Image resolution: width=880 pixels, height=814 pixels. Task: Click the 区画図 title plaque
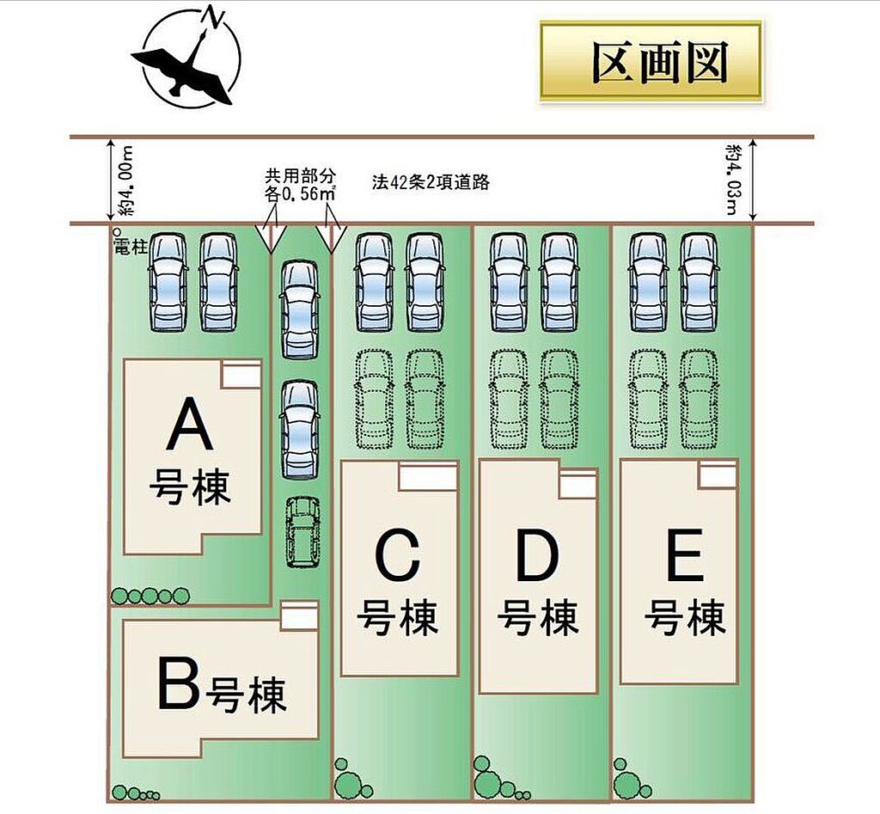pyautogui.click(x=651, y=63)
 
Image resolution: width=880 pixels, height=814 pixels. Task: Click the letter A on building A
pyautogui.click(x=189, y=427)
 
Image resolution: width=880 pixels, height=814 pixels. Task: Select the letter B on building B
pyautogui.click(x=178, y=685)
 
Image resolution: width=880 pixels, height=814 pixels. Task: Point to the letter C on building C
pyautogui.click(x=398, y=556)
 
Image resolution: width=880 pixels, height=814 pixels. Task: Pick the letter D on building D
pyautogui.click(x=538, y=556)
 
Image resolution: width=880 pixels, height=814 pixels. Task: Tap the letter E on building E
pyautogui.click(x=685, y=556)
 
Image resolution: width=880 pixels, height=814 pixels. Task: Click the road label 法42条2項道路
pyautogui.click(x=431, y=183)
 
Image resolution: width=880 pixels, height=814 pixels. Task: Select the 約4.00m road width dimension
pyautogui.click(x=125, y=181)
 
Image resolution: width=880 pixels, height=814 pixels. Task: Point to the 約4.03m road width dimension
pyautogui.click(x=732, y=181)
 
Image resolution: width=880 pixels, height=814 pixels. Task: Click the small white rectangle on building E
pyautogui.click(x=718, y=474)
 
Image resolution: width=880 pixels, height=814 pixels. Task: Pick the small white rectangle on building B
pyautogui.click(x=299, y=616)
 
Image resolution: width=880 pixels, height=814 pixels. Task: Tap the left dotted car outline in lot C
pyautogui.click(x=374, y=399)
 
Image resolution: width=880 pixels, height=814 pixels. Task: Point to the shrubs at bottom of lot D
pyautogui.click(x=494, y=778)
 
